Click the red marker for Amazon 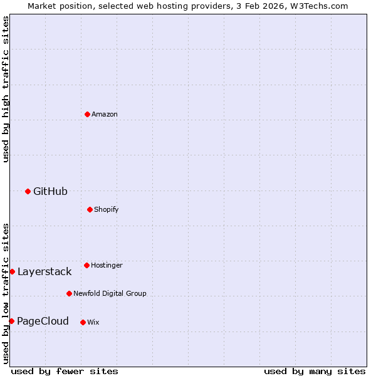tap(87, 114)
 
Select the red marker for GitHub tap(28, 191)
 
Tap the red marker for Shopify tap(90, 209)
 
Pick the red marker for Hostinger tap(86, 265)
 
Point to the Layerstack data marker tap(12, 271)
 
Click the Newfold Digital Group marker tap(69, 293)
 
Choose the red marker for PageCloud tap(11, 321)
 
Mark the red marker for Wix tap(83, 322)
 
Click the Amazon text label tap(105, 114)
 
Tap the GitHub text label tap(50, 191)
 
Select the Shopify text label tap(107, 209)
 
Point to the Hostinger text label tap(107, 265)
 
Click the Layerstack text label tap(44, 271)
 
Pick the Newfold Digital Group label tap(110, 293)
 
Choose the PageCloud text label tap(43, 321)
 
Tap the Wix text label tap(93, 322)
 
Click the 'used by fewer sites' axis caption tap(65, 371)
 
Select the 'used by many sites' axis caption tap(315, 371)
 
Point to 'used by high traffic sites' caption tap(6, 89)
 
